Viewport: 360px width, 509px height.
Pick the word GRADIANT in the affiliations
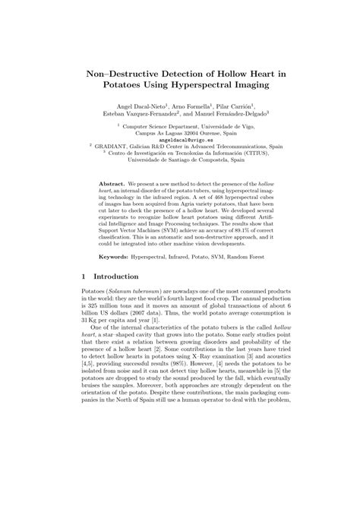(117, 147)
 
